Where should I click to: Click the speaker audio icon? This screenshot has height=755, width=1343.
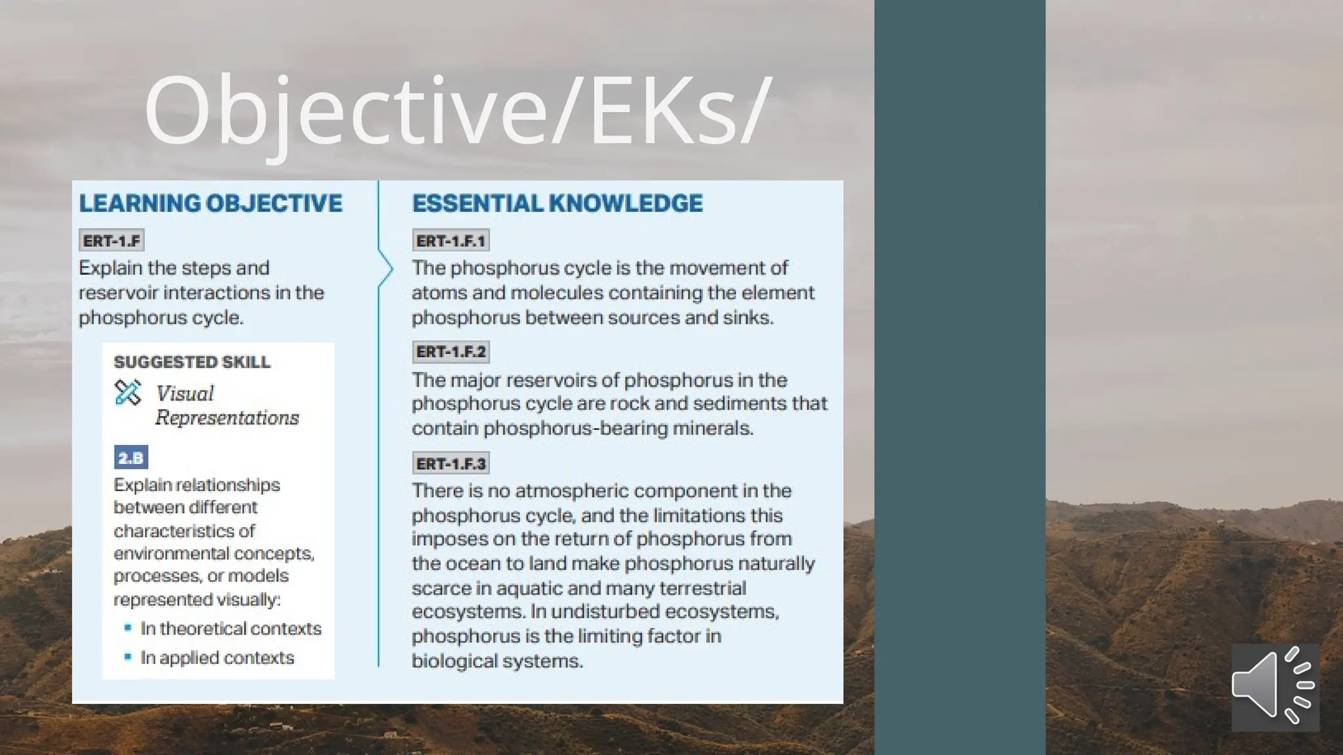[1274, 686]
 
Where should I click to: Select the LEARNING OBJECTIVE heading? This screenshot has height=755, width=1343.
[210, 203]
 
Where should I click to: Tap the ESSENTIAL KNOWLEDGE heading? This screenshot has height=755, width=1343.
[557, 203]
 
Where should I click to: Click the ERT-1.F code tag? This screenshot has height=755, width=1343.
[111, 241]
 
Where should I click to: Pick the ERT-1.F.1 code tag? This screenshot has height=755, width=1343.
[451, 241]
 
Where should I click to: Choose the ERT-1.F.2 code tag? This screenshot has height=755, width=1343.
[451, 352]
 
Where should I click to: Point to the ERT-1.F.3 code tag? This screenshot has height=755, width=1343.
[451, 463]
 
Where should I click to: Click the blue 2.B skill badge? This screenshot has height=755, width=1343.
[131, 457]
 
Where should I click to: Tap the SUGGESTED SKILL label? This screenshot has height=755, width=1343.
[191, 362]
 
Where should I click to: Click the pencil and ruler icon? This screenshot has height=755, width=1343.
[128, 393]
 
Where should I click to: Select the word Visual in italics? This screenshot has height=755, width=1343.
[185, 393]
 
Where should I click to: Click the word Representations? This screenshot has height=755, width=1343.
[227, 417]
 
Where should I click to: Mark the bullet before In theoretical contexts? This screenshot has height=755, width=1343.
[128, 628]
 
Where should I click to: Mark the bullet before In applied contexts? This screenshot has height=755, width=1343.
[128, 657]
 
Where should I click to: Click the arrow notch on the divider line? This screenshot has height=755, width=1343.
[387, 269]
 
